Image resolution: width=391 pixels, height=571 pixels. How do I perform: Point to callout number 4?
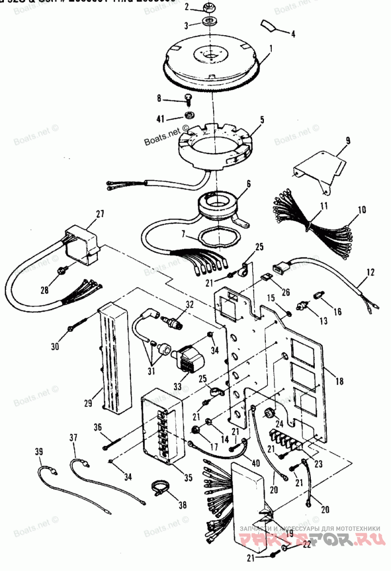(293, 34)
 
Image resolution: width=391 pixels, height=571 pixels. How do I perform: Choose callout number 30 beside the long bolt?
(54, 347)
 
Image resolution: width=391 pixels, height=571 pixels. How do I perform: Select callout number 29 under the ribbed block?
(87, 404)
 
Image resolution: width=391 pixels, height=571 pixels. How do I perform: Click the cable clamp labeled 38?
(160, 488)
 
